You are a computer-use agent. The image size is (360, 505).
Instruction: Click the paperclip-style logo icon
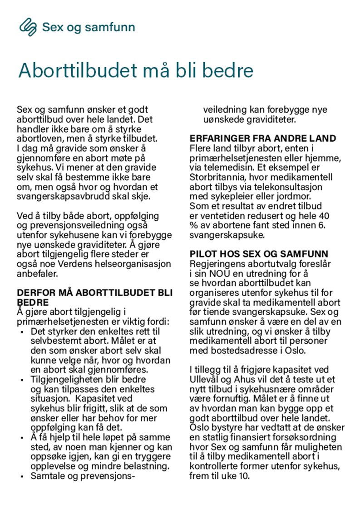click(28, 27)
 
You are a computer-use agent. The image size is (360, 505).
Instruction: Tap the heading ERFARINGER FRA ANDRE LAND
click(263, 139)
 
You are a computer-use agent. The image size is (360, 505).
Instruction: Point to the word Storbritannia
click(217, 177)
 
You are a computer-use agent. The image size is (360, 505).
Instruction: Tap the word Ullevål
click(207, 379)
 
